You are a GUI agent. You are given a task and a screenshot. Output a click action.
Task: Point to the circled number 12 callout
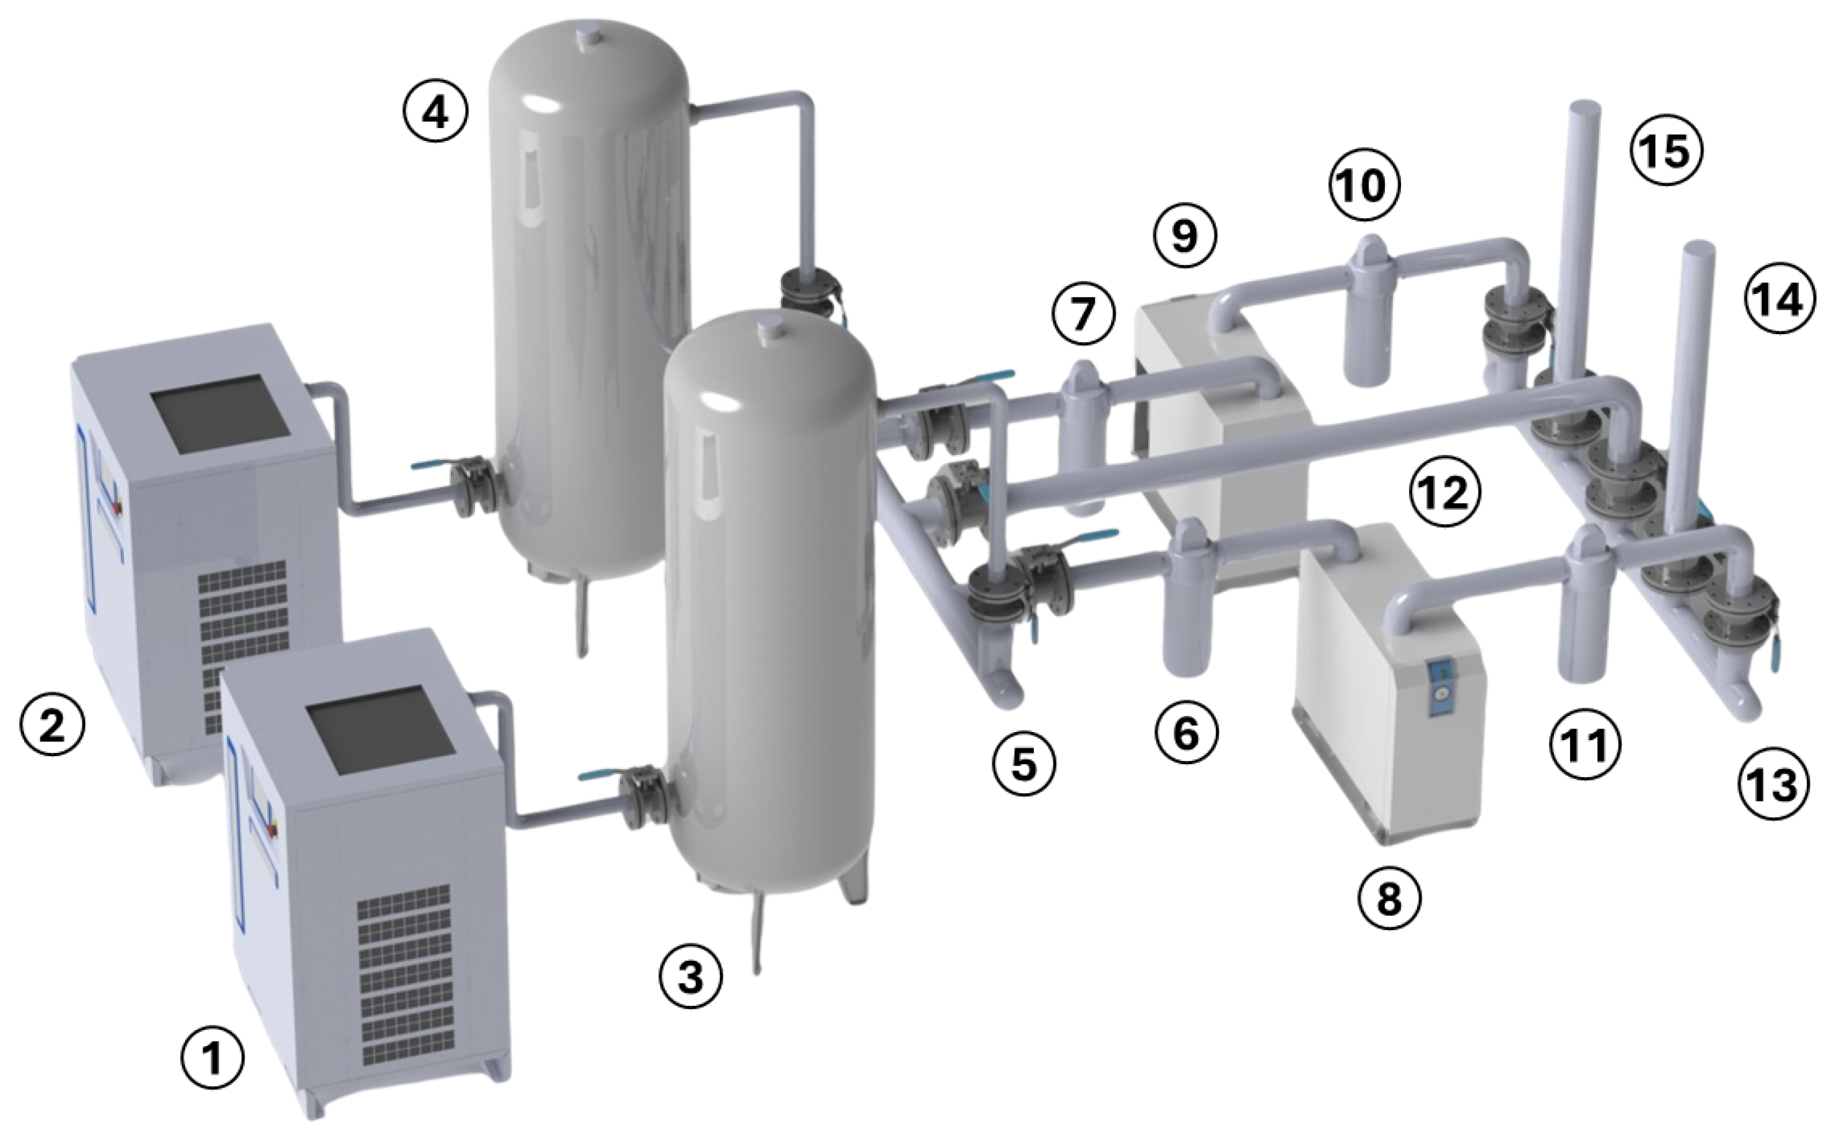click(1445, 493)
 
